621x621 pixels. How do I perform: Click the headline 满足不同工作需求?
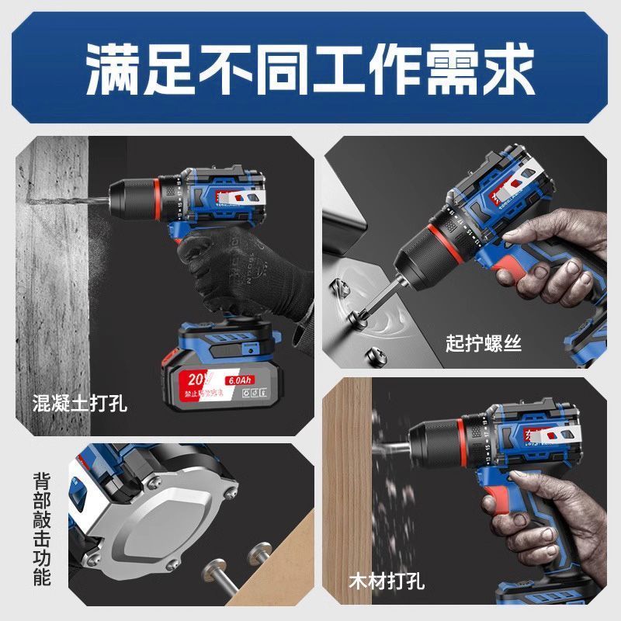[x=310, y=68]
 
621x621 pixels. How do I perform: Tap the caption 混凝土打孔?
[x=80, y=404]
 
